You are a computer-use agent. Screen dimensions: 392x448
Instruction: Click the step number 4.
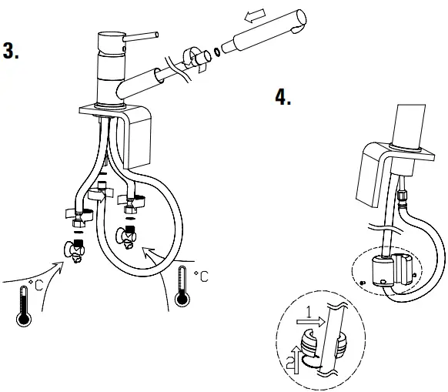[283, 99]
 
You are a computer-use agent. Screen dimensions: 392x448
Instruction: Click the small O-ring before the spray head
[218, 52]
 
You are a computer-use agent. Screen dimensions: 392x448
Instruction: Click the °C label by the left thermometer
[35, 286]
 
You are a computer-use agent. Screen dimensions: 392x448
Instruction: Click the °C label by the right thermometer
[199, 276]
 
